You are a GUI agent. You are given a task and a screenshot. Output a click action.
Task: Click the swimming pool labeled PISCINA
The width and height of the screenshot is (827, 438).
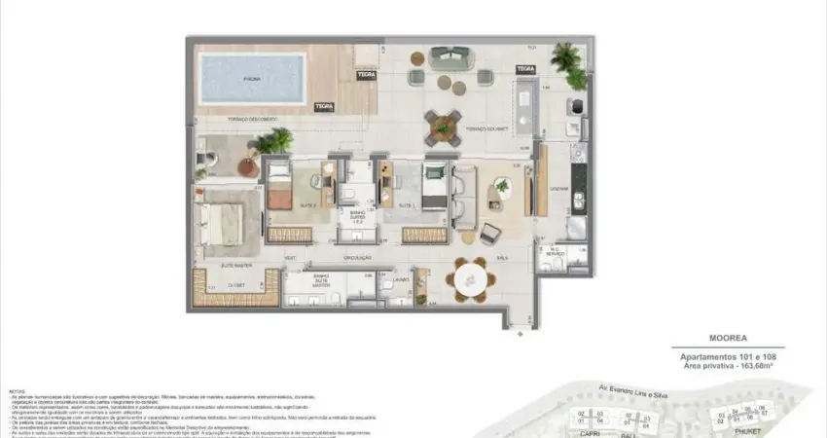click(252, 78)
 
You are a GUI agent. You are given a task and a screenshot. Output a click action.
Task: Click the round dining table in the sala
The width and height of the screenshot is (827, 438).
click(471, 279)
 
